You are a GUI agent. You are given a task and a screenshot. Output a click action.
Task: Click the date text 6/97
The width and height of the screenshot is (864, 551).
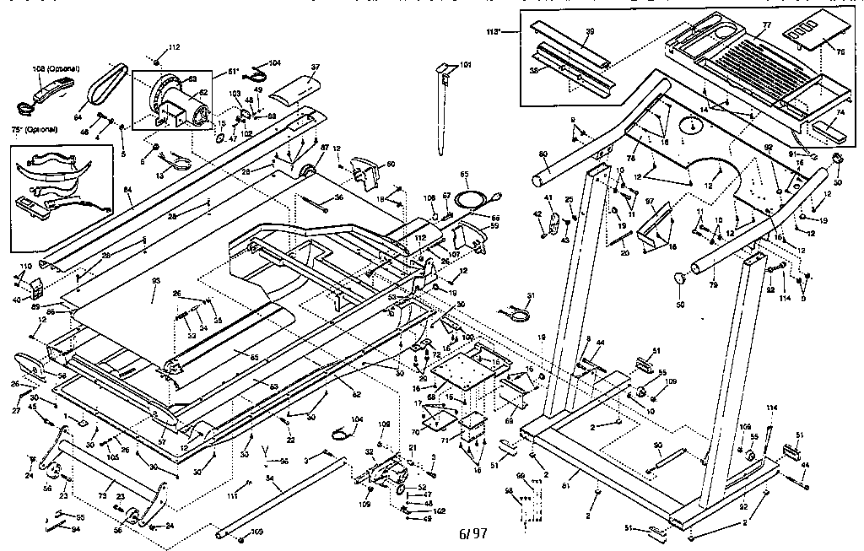(473, 534)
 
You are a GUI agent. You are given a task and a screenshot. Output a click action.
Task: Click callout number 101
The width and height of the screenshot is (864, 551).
(467, 65)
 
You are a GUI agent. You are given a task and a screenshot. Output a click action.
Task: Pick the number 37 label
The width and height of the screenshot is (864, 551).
(315, 67)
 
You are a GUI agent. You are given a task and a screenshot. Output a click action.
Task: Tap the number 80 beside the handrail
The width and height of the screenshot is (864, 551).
(543, 154)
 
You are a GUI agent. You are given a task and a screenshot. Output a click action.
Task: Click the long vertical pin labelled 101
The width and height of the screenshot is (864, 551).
(443, 110)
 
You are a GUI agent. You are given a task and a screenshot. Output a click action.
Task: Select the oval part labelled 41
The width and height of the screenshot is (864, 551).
(553, 224)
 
